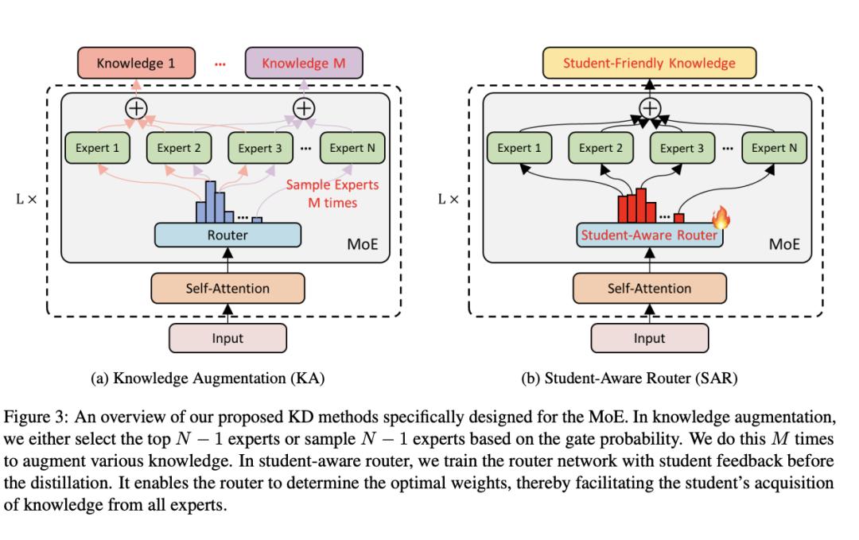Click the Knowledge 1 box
(135, 63)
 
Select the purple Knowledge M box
(304, 63)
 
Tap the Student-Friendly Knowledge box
(649, 63)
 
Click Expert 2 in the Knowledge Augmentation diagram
(179, 148)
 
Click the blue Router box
(227, 235)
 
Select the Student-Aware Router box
(649, 235)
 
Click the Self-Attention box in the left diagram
(227, 288)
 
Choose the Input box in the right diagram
(649, 338)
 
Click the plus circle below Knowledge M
(304, 108)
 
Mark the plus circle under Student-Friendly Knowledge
(650, 108)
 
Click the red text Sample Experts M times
(330, 194)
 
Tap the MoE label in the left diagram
(363, 244)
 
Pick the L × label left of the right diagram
(449, 199)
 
